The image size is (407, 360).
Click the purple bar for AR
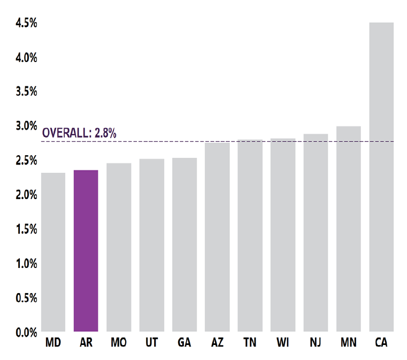(86, 251)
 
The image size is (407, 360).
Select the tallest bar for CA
(381, 177)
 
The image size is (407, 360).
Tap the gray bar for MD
(53, 252)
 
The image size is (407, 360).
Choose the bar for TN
(250, 236)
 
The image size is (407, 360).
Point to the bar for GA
(185, 244)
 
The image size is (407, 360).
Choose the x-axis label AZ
(217, 343)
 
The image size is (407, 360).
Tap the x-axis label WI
(283, 343)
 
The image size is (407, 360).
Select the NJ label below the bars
(316, 343)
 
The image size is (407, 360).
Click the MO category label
(119, 343)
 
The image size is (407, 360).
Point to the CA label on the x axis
(381, 343)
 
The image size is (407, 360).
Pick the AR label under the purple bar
(86, 343)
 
